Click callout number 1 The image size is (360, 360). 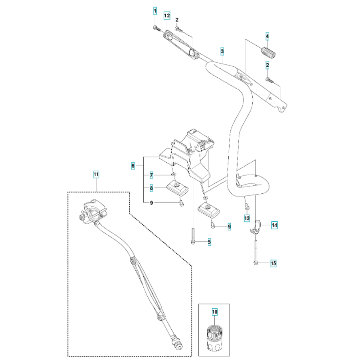(x=155, y=11)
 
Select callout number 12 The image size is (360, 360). (x=167, y=15)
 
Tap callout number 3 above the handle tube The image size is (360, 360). (x=222, y=51)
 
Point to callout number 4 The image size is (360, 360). (x=267, y=36)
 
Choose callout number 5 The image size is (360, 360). (x=209, y=242)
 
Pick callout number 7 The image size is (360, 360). (x=152, y=175)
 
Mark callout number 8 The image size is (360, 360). (x=152, y=188)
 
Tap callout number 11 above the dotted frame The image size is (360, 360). (x=96, y=175)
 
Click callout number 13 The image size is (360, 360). (x=247, y=218)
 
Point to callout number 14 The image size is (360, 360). (x=274, y=225)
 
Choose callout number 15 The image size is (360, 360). (x=274, y=264)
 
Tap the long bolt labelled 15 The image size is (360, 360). (x=256, y=252)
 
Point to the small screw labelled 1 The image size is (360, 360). (x=155, y=27)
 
